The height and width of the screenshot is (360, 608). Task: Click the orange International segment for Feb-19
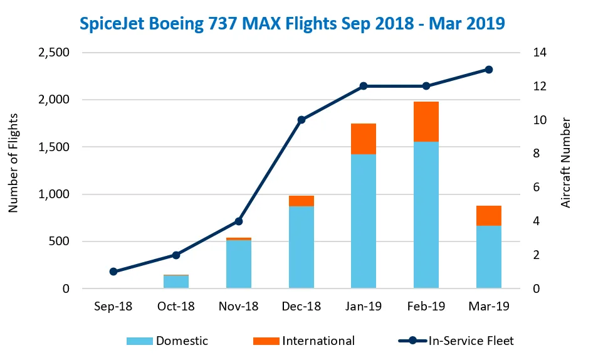coord(426,122)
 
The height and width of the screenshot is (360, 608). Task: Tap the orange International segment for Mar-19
coord(489,215)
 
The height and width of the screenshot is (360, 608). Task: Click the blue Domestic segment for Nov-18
coord(239,264)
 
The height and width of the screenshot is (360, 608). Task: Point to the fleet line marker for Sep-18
coord(113,272)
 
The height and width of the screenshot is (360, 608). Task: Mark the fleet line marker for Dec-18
coord(301,120)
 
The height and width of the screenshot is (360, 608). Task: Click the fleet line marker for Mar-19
coord(489,70)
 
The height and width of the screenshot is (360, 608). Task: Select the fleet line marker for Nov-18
coord(239,221)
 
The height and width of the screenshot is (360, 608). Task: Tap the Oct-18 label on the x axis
coord(176,307)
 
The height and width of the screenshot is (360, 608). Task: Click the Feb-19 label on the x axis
coord(426,307)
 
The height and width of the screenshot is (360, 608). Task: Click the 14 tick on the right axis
coord(539,53)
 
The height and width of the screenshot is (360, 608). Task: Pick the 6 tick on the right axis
coord(536,188)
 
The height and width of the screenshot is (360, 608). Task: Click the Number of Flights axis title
coord(14,163)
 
